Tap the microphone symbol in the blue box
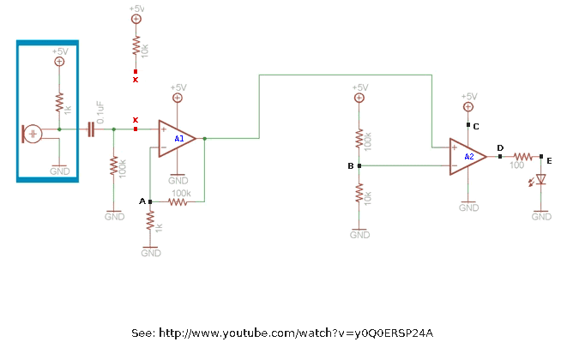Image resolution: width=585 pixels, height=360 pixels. (33, 134)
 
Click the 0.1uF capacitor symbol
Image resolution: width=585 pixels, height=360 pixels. (90, 129)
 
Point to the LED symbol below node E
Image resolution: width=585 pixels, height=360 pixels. (541, 180)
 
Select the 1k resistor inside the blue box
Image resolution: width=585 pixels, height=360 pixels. (59, 102)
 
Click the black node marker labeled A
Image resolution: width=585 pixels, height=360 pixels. (150, 201)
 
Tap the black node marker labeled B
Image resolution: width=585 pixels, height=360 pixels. (359, 165)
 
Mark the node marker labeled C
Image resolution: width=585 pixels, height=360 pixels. (468, 125)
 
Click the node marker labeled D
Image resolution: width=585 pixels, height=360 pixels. (500, 157)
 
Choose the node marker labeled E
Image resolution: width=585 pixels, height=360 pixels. (541, 157)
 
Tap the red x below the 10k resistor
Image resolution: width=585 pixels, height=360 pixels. (136, 71)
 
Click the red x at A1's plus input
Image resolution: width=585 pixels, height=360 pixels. (136, 129)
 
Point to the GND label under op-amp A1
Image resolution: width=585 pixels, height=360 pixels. (178, 180)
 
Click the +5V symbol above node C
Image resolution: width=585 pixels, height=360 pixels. (468, 107)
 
